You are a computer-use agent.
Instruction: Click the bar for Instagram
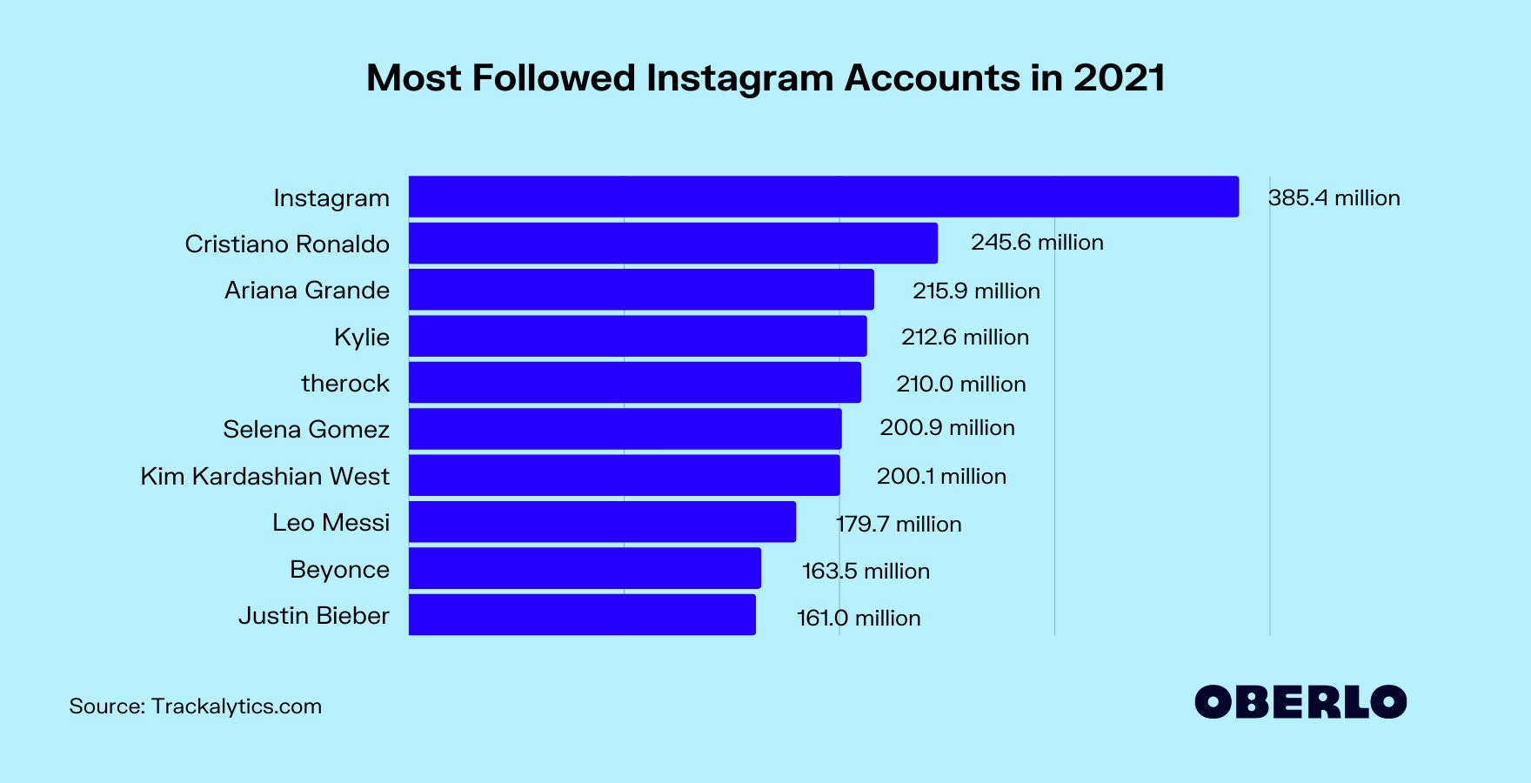point(823,197)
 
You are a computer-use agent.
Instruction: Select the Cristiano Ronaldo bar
point(672,243)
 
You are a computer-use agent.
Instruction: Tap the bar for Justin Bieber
point(582,614)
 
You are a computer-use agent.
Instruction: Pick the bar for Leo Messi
point(602,521)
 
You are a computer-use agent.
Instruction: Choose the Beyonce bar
point(585,568)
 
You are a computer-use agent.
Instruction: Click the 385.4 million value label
point(1334,197)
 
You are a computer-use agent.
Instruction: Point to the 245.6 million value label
point(1037,242)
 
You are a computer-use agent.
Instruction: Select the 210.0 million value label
point(960,384)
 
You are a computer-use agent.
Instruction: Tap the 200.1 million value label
point(941,476)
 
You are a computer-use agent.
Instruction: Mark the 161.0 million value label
point(859,618)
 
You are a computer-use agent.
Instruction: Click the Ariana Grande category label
point(306,290)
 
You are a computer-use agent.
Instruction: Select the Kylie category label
point(361,337)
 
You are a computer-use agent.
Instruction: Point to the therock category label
point(344,383)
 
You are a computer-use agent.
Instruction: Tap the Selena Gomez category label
point(305,429)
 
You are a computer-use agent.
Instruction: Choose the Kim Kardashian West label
point(264,476)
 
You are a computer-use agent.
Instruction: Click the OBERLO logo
point(1300,702)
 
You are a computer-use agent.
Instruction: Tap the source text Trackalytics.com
point(236,706)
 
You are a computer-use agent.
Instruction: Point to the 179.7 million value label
point(899,524)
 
